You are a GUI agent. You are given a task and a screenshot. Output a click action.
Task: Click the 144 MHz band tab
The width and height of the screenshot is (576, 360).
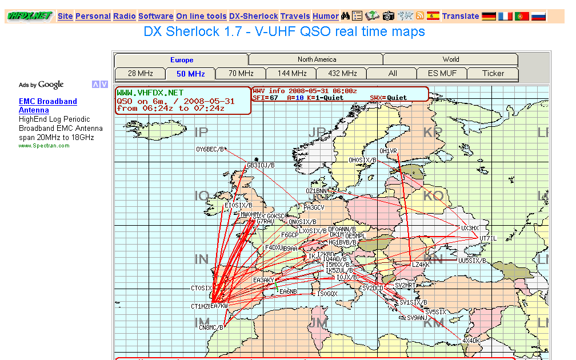(x=291, y=73)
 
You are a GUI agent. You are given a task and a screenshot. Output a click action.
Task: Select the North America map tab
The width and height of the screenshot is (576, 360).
(x=317, y=59)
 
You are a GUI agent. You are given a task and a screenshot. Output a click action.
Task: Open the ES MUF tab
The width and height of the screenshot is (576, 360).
(x=442, y=73)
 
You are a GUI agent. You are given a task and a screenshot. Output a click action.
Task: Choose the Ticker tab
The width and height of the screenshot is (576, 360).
(x=493, y=73)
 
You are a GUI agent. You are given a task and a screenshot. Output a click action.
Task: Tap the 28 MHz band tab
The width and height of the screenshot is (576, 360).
(x=140, y=73)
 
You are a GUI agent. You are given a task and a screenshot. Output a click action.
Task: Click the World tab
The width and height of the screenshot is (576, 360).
(x=450, y=59)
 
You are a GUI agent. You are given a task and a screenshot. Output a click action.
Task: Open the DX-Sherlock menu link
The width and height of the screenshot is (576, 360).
(x=253, y=16)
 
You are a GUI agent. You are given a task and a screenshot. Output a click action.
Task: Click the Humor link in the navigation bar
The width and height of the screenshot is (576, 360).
(x=326, y=16)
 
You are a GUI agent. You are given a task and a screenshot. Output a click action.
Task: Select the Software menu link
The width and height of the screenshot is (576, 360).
(x=155, y=16)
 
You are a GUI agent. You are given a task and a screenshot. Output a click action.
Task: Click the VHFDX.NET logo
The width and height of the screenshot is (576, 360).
(x=30, y=16)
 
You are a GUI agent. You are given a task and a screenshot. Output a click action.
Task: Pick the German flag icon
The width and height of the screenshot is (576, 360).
(x=489, y=16)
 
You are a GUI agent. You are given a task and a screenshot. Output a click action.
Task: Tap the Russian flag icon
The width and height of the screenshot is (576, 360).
(x=539, y=16)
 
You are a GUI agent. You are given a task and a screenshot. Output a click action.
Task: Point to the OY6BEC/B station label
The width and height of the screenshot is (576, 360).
(x=210, y=150)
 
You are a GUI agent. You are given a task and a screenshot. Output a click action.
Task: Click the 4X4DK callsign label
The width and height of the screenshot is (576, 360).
(x=471, y=341)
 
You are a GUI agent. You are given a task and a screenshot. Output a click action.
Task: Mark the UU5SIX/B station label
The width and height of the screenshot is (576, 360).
(x=472, y=261)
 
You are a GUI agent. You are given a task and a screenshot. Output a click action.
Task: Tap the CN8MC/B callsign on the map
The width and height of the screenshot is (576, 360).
(x=211, y=328)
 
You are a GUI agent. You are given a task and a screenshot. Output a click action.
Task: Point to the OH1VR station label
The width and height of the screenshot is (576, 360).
(x=388, y=151)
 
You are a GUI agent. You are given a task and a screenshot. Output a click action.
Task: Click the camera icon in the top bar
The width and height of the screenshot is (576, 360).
(x=389, y=16)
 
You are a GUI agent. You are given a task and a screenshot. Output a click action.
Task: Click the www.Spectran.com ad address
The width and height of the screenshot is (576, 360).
(x=44, y=146)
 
